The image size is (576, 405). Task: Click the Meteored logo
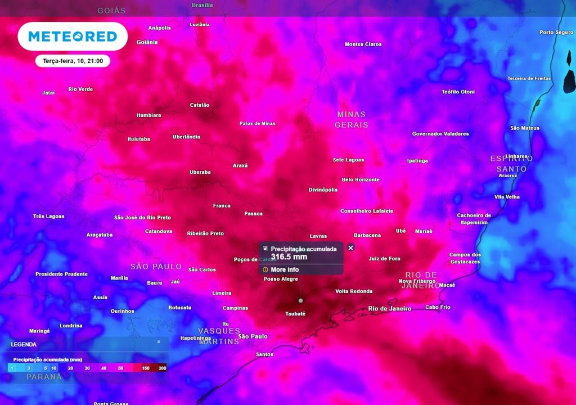(73, 37)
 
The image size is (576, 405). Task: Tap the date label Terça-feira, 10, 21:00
(73, 61)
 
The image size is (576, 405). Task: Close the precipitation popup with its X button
(350, 247)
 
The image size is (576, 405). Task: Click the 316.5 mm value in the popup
(289, 257)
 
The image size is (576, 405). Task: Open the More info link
(285, 269)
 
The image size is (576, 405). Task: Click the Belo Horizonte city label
(361, 179)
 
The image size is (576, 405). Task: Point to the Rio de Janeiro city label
(389, 308)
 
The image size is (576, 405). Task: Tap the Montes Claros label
(363, 44)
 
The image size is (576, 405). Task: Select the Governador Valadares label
(440, 134)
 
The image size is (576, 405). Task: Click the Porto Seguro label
(556, 32)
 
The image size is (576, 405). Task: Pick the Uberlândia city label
(186, 137)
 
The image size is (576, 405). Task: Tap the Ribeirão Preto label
(205, 233)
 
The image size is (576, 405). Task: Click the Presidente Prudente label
(61, 274)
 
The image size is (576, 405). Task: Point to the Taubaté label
(295, 314)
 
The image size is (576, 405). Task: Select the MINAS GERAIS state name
(352, 119)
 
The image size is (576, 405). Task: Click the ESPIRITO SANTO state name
(511, 164)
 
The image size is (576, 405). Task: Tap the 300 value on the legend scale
(162, 367)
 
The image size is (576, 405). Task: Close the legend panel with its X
(159, 341)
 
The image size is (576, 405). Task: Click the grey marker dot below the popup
(300, 300)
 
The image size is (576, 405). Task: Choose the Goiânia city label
(147, 42)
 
